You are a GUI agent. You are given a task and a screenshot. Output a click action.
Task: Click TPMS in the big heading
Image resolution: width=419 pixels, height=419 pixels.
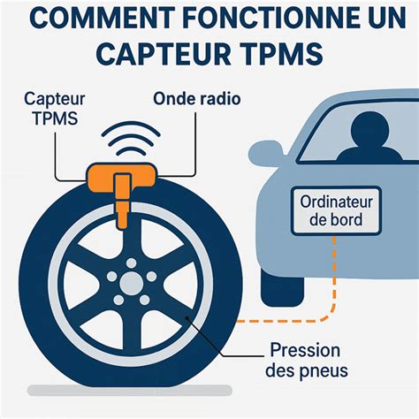[284, 54]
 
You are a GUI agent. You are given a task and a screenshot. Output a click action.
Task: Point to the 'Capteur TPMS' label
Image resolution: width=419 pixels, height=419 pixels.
[55, 109]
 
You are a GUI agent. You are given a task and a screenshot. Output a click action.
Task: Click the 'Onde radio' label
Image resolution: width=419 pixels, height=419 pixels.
[197, 99]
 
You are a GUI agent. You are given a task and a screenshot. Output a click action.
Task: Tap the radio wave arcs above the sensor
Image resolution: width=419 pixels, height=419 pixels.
[131, 139]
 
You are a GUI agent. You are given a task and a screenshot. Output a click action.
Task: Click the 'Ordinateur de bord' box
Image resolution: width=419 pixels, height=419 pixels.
[336, 211]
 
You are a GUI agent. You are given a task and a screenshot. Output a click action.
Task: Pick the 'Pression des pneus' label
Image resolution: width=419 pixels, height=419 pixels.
[307, 360]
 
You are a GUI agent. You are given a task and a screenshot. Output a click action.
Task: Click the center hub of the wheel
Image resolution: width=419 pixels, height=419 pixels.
[132, 283]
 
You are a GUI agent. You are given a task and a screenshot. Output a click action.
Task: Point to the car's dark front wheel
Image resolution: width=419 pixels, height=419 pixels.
[282, 287]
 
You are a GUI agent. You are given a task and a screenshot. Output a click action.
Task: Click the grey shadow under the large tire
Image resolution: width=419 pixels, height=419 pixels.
[130, 391]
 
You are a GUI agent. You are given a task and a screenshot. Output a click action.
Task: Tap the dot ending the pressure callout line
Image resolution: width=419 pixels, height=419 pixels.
[187, 317]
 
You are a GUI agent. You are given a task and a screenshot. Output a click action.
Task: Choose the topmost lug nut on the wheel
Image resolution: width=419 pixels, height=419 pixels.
[132, 263]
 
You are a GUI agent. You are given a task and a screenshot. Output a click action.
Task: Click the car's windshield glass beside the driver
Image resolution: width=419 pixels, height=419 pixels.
[324, 139]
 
